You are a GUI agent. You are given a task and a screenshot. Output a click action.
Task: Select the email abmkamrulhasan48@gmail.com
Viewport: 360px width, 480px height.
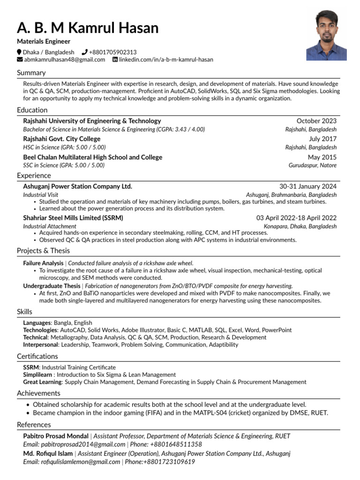65,60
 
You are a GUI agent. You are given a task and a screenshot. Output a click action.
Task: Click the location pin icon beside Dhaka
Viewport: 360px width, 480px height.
19,52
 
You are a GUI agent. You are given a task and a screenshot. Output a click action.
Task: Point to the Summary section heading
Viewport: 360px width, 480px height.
31,73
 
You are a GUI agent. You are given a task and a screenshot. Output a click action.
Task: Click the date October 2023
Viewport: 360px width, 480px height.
316,121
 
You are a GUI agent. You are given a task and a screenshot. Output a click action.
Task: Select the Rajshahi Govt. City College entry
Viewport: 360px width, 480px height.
62,139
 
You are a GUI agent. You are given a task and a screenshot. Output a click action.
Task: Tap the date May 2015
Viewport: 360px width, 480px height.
322,157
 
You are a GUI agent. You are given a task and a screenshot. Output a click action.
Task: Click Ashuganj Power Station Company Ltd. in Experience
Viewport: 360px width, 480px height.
78,186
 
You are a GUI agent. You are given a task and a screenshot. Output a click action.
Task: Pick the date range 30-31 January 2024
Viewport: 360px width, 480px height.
308,186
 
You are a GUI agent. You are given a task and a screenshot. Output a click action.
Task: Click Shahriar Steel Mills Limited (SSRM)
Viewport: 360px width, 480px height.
73,218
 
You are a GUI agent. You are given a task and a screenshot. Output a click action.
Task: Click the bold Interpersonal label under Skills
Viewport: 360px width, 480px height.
41,345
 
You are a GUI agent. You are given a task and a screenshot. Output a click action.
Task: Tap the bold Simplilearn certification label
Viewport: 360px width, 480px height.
38,375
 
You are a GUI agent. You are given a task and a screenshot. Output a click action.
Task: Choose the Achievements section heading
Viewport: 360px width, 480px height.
38,393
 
